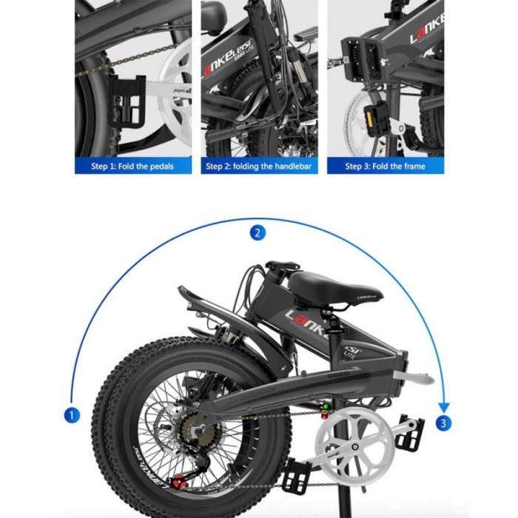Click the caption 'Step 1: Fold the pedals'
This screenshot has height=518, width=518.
tap(132, 166)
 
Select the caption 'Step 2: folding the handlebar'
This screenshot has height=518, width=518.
tap(259, 166)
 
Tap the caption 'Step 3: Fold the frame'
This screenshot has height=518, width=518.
tap(385, 166)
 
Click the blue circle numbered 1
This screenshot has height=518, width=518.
tap(72, 415)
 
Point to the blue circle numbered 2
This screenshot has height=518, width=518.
tap(258, 233)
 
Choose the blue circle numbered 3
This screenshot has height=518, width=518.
tap(443, 424)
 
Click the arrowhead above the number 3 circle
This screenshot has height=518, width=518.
tap(443, 406)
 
